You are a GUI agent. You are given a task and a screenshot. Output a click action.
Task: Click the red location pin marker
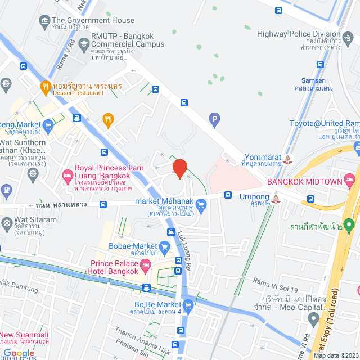tap(179, 168)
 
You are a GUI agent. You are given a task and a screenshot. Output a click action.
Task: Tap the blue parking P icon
tap(213, 119)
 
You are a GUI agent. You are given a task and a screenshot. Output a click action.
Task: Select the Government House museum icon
tap(44, 21)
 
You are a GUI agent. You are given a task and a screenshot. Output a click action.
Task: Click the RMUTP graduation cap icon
tap(84, 43)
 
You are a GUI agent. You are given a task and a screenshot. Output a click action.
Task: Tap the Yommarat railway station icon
tap(288, 158)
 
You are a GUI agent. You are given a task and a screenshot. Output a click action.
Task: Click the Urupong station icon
tap(276, 199)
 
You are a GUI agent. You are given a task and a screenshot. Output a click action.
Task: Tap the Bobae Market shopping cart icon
tap(164, 246)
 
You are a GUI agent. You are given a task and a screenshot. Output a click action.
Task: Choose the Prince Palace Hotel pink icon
tap(146, 264)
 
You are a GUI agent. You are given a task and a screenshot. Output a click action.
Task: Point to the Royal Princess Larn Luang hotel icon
tap(67, 176)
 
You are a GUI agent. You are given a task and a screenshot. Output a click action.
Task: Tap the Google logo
tap(19, 353)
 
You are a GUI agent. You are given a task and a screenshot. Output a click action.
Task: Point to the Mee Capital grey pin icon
tap(314, 318)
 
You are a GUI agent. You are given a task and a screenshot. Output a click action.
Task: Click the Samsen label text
tap(310, 80)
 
